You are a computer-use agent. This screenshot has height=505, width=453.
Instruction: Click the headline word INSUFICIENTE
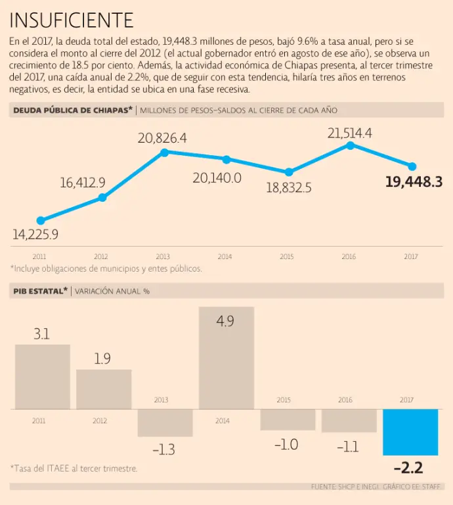click(x=72, y=20)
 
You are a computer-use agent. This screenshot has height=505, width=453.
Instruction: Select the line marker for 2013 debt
click(x=164, y=152)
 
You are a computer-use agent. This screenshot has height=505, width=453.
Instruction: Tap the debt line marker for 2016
click(x=350, y=145)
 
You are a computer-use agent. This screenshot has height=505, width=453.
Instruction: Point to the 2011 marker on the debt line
click(x=41, y=221)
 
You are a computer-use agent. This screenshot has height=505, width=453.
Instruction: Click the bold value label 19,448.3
click(x=414, y=182)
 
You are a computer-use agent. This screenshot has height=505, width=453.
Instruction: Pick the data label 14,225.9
click(x=35, y=233)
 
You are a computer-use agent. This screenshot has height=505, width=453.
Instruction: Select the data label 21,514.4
click(x=350, y=133)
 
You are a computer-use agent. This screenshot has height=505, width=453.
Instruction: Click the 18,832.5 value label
click(x=288, y=187)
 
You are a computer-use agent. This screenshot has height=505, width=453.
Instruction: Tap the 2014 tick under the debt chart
click(x=225, y=256)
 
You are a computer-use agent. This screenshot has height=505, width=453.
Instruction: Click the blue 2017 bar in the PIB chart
click(x=410, y=432)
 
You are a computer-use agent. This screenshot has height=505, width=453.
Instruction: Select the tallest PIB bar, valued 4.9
click(x=226, y=358)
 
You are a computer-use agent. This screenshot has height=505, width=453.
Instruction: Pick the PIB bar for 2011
click(x=42, y=377)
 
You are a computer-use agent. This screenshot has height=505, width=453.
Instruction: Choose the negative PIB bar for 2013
click(x=165, y=423)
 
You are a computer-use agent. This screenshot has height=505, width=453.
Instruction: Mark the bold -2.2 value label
click(x=408, y=468)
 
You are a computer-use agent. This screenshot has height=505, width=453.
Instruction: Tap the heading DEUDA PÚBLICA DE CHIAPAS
click(x=72, y=110)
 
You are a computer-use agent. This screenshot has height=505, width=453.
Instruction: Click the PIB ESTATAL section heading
click(x=40, y=290)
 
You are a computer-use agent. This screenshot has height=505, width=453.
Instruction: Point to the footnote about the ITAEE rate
click(x=74, y=468)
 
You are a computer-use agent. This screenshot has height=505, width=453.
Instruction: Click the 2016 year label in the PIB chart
click(x=345, y=400)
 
